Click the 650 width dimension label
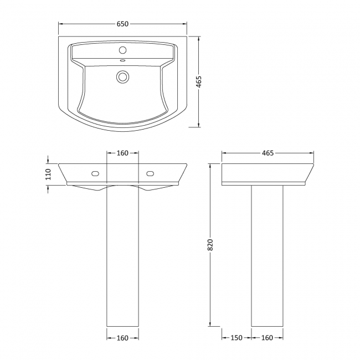tap(122, 24)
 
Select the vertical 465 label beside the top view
tap(198, 81)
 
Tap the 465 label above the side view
tap(268, 153)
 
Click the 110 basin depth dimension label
tap(48, 174)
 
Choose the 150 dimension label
tap(236, 337)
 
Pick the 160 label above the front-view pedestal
tap(122, 153)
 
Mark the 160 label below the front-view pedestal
tap(122, 337)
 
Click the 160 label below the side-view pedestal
tap(267, 337)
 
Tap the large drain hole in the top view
tap(122, 76)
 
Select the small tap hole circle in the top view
tap(122, 50)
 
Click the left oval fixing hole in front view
tap(95, 173)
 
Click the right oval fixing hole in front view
tap(150, 173)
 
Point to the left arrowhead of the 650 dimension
tap(61, 24)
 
